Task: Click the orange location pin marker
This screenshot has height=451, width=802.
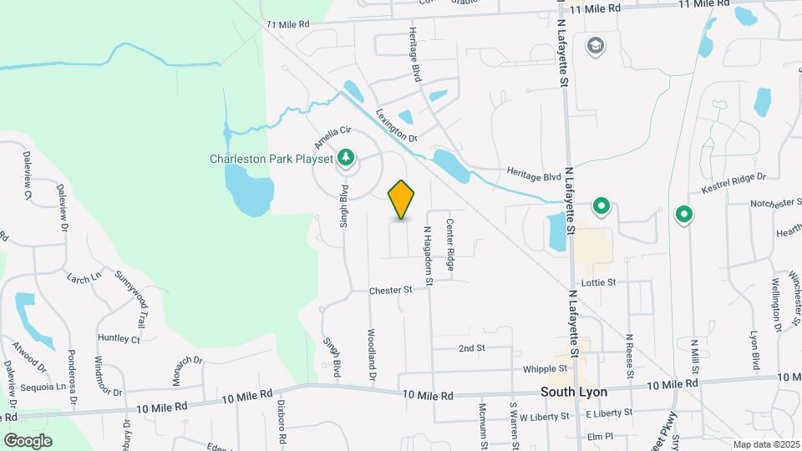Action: [402, 200]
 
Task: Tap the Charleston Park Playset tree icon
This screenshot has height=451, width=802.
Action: [344, 157]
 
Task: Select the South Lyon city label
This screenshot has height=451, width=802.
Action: [573, 391]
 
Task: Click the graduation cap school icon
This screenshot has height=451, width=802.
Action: [596, 44]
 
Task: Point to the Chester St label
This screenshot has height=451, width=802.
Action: [392, 291]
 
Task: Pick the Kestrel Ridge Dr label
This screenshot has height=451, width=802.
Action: [734, 183]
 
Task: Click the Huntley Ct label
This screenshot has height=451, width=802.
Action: [119, 339]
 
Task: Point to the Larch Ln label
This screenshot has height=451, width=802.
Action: [84, 276]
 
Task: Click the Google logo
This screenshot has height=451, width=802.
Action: [28, 440]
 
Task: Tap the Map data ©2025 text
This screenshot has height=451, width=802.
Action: [765, 444]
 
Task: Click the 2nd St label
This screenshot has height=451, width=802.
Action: [472, 347]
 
